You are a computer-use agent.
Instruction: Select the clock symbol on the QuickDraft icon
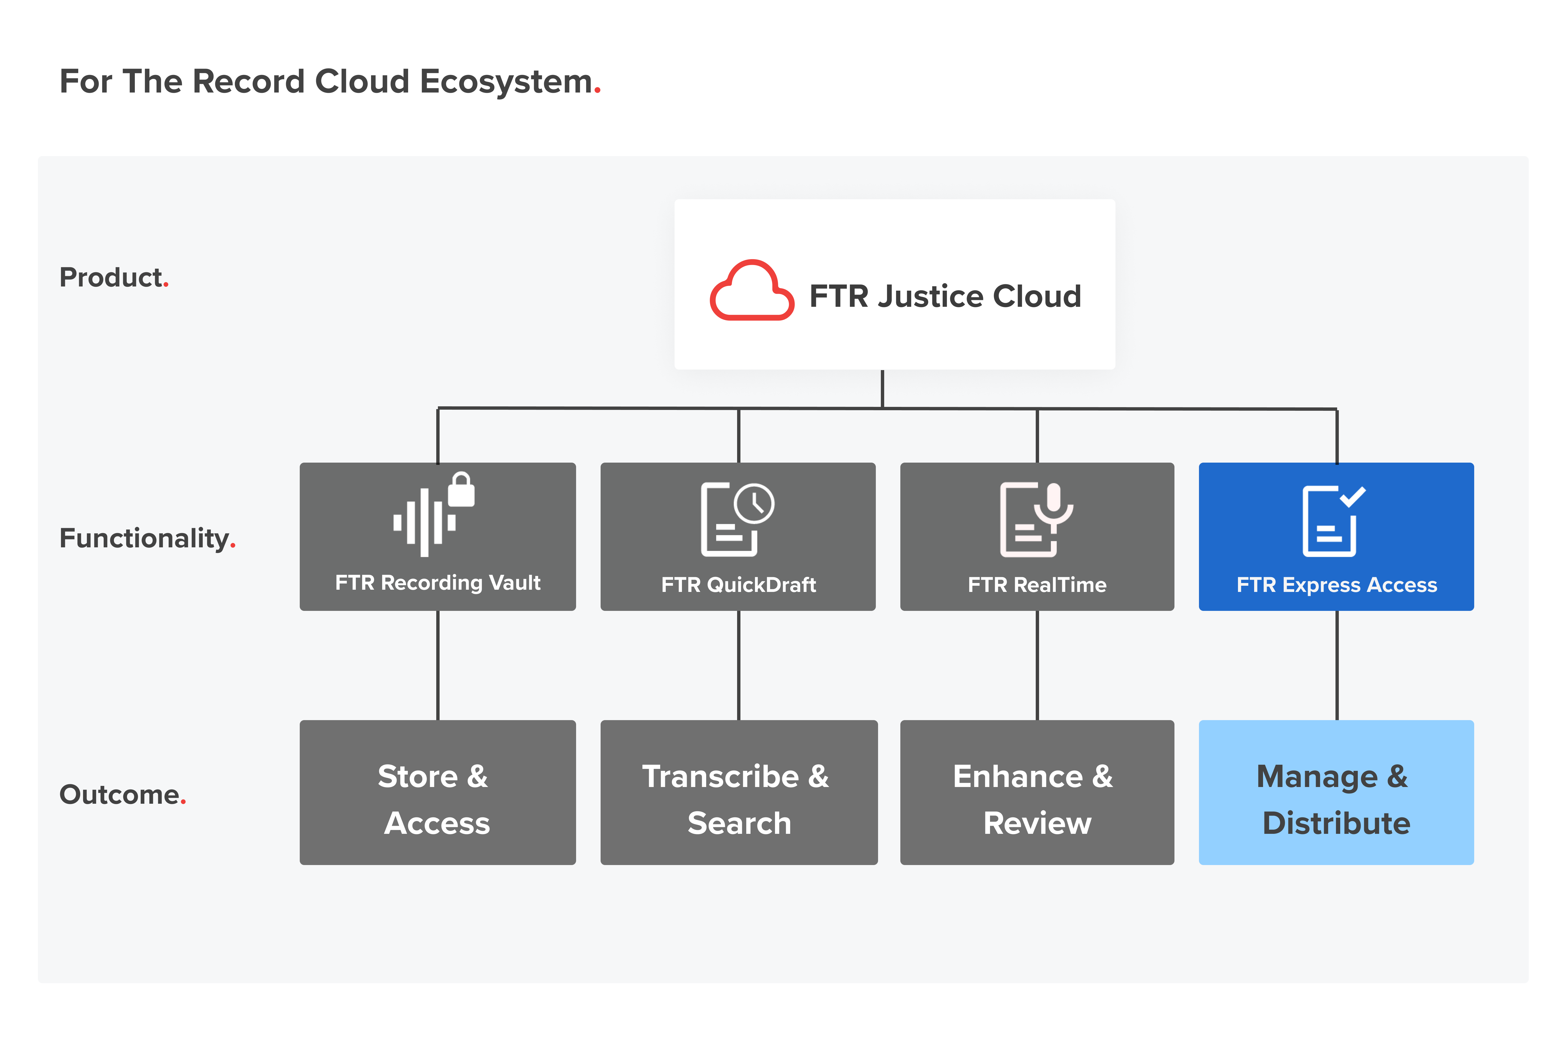pos(754,504)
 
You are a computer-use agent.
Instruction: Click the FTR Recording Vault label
pos(438,582)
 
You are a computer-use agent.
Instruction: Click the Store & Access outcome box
pos(438,792)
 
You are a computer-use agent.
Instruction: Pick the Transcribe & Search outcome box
pos(738,792)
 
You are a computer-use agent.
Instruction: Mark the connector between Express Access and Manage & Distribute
pos(1337,665)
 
